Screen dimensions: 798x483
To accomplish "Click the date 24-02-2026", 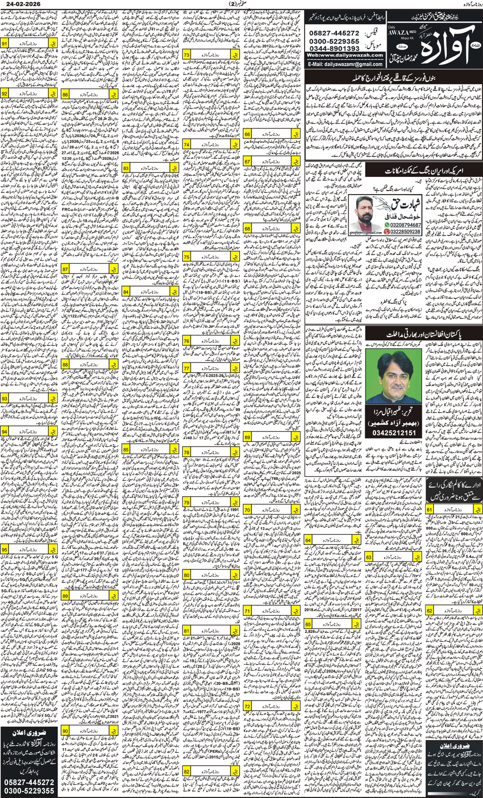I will point(23,4).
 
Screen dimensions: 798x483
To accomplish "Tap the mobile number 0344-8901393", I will point(334,48).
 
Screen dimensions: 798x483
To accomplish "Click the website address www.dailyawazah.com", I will point(345,55).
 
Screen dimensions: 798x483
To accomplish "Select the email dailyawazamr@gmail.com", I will point(345,64).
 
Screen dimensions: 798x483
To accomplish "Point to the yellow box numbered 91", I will point(4,44).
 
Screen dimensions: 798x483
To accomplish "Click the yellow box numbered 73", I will point(186,54).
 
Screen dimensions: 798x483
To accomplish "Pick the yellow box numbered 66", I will point(247,134).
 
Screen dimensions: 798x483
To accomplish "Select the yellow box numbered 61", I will point(429,509).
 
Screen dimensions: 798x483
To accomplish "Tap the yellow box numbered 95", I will point(4,549).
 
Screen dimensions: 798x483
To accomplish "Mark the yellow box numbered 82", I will point(186,771).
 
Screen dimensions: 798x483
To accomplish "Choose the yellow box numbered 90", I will point(65,731).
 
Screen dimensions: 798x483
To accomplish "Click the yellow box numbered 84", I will point(126,291).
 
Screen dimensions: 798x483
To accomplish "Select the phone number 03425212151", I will point(394,432).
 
